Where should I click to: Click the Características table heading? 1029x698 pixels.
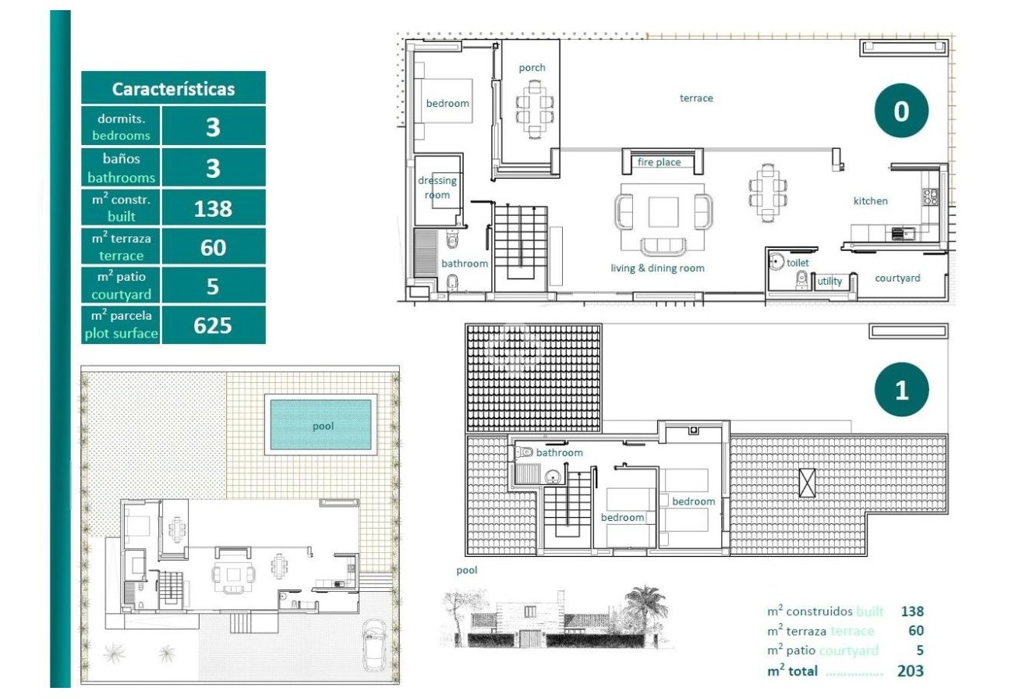[x=173, y=88]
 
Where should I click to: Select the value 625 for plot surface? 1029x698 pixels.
[x=213, y=324]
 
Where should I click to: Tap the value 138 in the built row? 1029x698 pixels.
[x=213, y=208]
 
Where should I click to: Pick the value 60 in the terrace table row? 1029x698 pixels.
[x=213, y=247]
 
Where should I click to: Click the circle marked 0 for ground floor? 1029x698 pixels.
[x=900, y=112]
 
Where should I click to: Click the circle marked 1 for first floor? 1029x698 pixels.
[x=901, y=390]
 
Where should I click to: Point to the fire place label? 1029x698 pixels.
[x=659, y=162]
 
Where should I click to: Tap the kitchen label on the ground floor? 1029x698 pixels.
[x=870, y=200]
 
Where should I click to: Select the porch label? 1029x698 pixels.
[x=532, y=68]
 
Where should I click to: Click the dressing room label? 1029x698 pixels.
[x=437, y=188]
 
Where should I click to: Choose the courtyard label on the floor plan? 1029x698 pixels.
[x=897, y=278]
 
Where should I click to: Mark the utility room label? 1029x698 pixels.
[x=829, y=281]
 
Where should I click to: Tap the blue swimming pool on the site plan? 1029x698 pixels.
[x=320, y=426]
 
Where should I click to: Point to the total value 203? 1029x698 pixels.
[x=910, y=671]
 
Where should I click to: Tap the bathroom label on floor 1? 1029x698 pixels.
[x=559, y=452]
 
